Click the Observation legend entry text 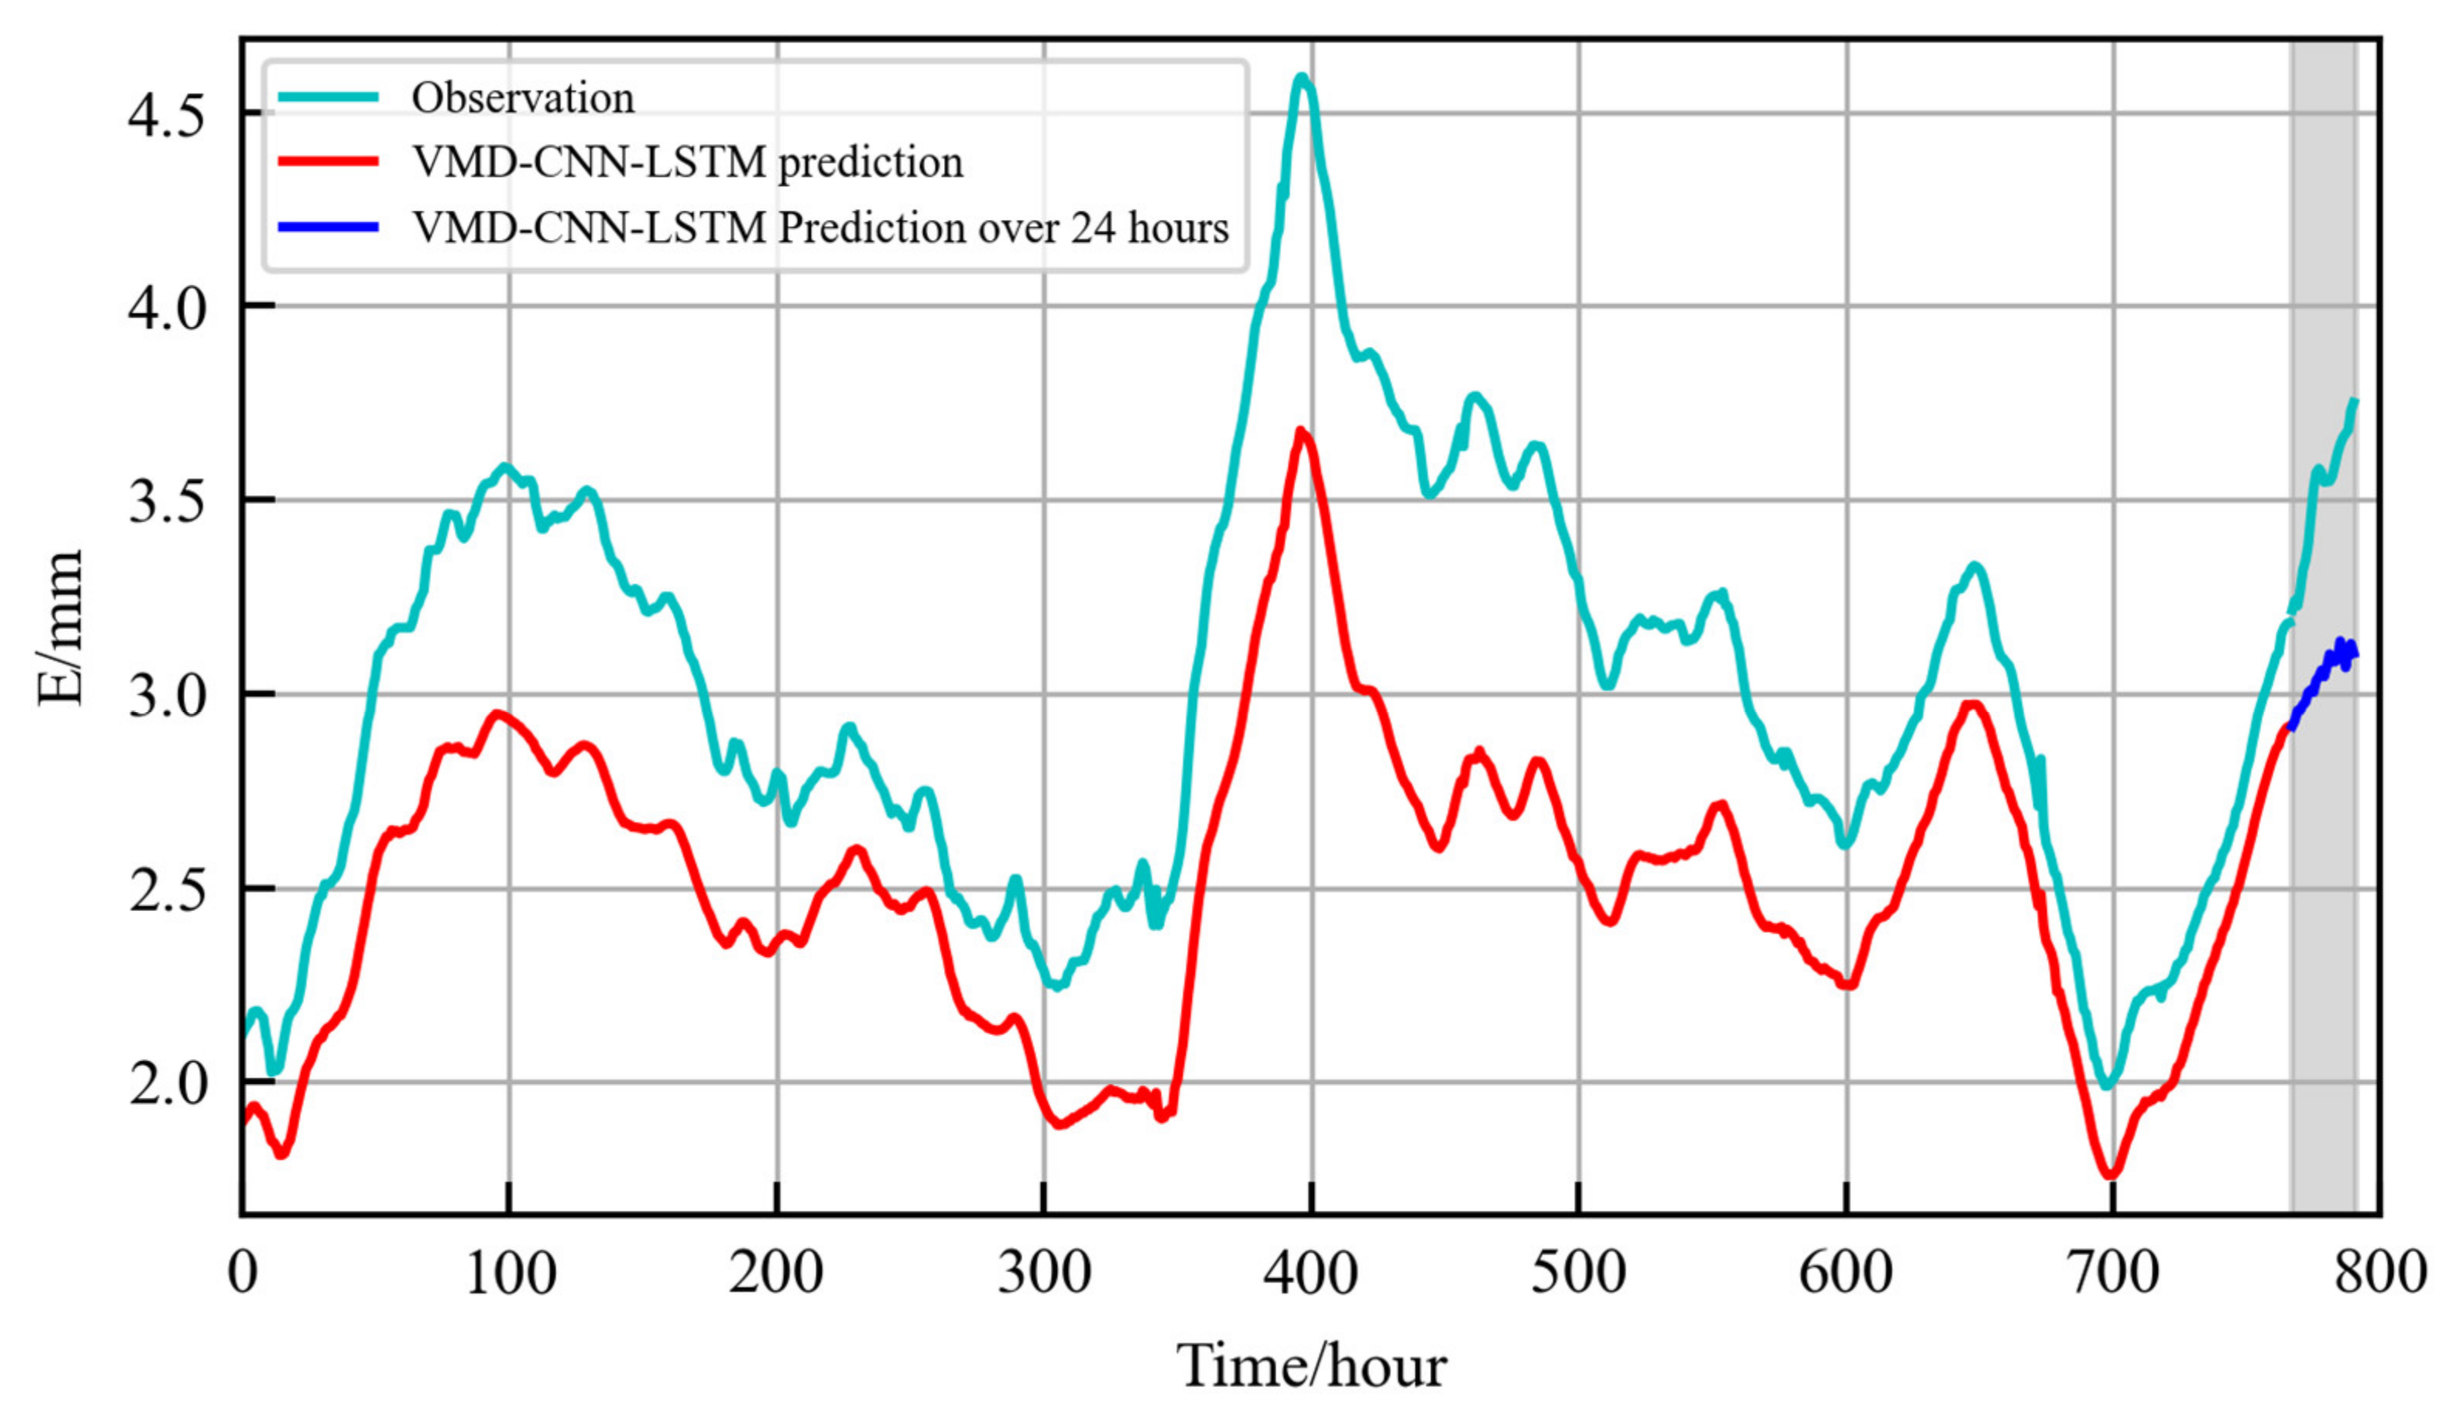523,98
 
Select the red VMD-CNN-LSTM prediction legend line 327,162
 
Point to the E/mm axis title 60,628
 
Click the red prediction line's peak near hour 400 1301,430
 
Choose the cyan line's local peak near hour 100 503,468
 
